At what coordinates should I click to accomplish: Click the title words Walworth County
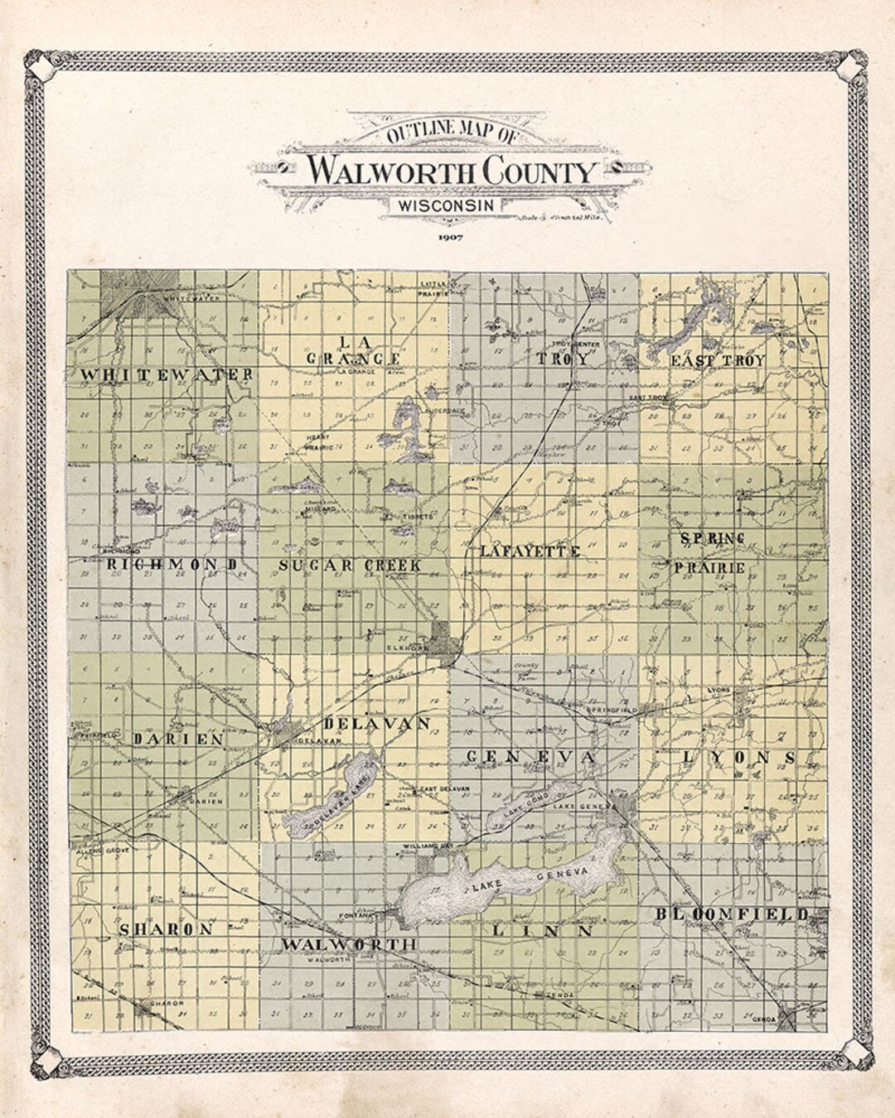coord(452,171)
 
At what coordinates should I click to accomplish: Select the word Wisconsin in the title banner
coord(446,205)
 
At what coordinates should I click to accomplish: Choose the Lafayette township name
coord(530,551)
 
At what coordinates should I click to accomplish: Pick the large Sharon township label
coord(167,929)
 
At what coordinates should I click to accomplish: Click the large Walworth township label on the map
coord(347,944)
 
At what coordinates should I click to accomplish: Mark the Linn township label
coord(542,931)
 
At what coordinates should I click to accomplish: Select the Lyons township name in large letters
coord(739,758)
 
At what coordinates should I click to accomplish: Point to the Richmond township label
coord(173,565)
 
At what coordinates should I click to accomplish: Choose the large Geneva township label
coord(530,757)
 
